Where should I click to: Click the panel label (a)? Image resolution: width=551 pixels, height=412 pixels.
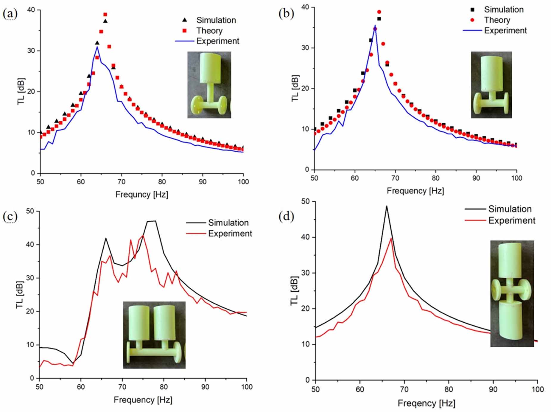[10, 14]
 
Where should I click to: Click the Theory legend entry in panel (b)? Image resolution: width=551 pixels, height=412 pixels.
[497, 20]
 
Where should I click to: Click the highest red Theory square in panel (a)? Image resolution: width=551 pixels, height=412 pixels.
[105, 15]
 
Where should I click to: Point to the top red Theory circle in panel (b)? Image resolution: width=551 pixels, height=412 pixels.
[379, 12]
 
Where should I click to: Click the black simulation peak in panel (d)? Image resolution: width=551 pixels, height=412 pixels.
[387, 206]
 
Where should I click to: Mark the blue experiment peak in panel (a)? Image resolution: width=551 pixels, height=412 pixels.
[97, 47]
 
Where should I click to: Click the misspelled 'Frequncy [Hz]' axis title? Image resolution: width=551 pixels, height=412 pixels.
[142, 195]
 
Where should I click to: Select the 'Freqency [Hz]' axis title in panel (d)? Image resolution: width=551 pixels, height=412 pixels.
[426, 403]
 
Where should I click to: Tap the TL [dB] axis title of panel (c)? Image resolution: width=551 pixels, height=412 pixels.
[20, 294]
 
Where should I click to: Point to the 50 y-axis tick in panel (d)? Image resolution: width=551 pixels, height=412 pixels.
[305, 202]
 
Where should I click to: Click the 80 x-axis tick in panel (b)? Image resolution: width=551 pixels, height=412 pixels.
[435, 178]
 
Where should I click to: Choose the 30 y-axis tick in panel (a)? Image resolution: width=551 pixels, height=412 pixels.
[31, 51]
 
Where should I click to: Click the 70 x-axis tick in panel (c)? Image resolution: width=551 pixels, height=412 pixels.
[122, 387]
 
